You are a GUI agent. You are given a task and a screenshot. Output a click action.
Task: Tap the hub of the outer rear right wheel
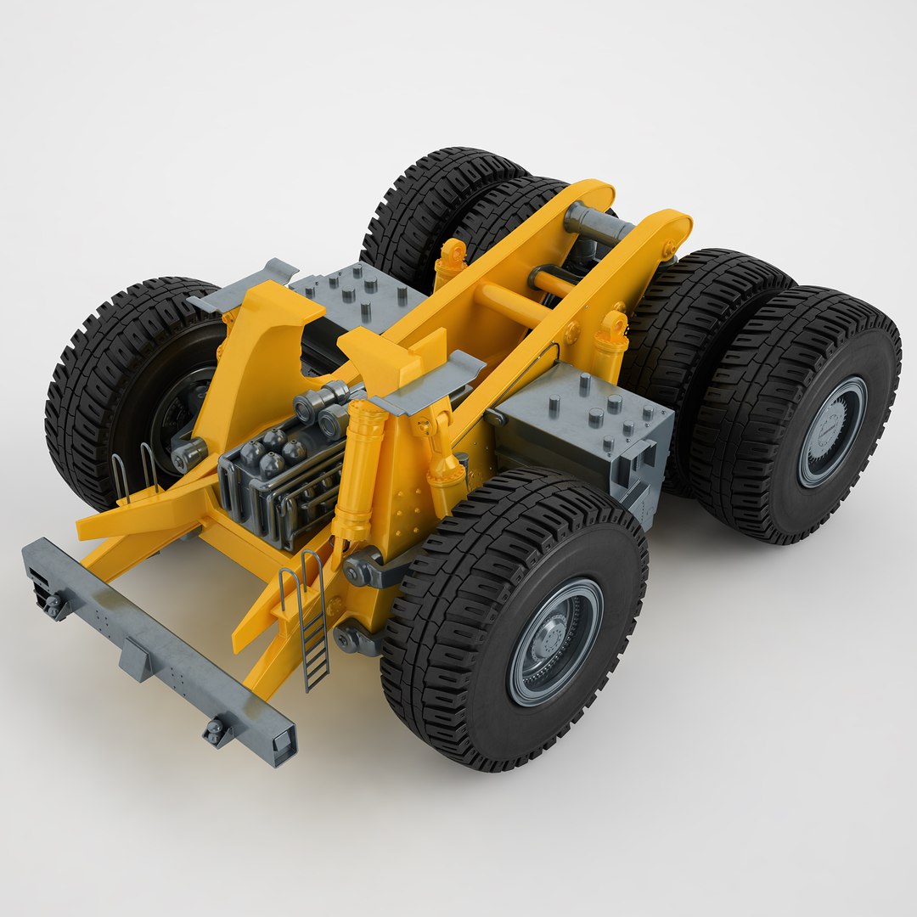pos(832,431)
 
